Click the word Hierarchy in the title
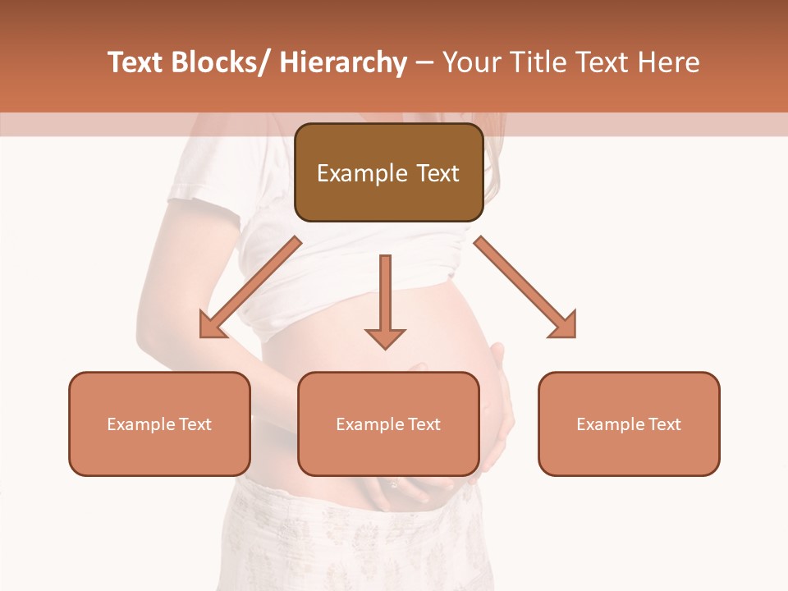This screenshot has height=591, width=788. pyautogui.click(x=343, y=63)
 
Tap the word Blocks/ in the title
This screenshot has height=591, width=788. pyautogui.click(x=218, y=63)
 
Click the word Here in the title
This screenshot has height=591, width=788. pyautogui.click(x=667, y=63)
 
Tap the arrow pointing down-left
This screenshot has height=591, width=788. pyautogui.click(x=250, y=287)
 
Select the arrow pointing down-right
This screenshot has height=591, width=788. pyautogui.click(x=525, y=287)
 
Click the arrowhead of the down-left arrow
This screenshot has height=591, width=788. pyautogui.click(x=212, y=326)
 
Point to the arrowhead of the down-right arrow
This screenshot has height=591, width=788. pyautogui.click(x=564, y=326)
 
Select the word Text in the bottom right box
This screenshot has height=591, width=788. pyautogui.click(x=664, y=424)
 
